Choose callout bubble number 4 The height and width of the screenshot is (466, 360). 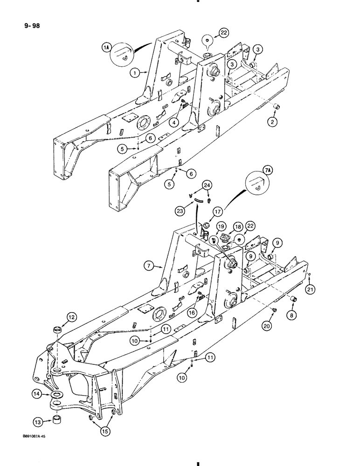point(174,123)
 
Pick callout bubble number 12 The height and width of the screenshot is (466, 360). point(58,317)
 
